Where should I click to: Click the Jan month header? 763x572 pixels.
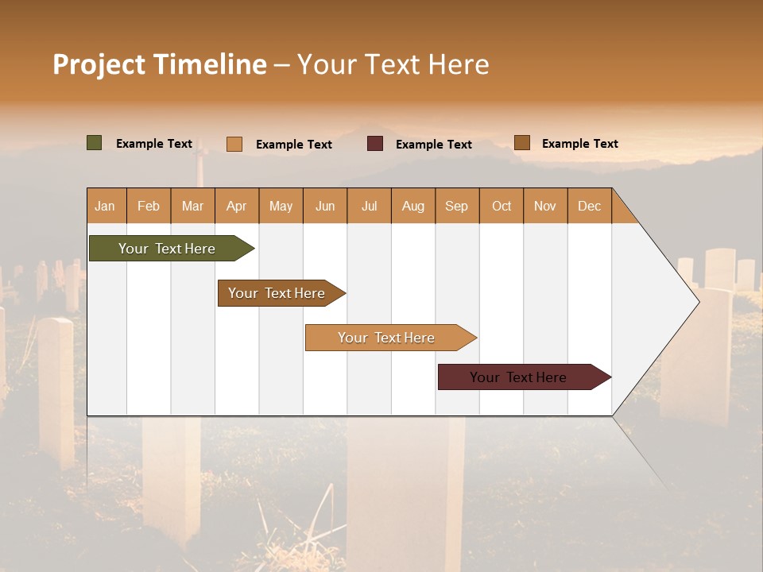[x=106, y=206]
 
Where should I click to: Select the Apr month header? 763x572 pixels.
[x=237, y=206]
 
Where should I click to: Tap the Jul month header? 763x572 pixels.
[x=369, y=206]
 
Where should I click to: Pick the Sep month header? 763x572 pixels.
[x=457, y=206]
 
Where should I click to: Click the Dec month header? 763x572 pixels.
[x=589, y=206]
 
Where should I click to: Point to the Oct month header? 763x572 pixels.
[x=502, y=206]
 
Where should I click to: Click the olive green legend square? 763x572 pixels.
[x=95, y=143]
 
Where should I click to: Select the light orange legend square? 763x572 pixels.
[x=234, y=144]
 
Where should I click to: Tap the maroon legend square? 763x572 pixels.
[x=375, y=144]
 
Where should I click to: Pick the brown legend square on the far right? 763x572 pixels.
[x=521, y=143]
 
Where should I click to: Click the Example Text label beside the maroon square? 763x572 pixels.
[x=434, y=145]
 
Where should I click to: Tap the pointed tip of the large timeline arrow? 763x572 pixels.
[x=697, y=301]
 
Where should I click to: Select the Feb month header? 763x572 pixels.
[x=149, y=206]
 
